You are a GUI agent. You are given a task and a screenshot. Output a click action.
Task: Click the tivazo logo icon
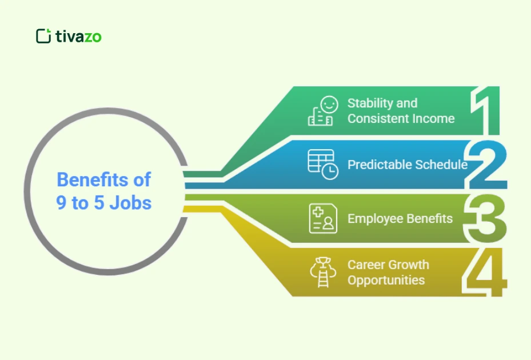click(43, 36)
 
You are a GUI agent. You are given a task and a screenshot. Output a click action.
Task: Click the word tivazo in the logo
click(78, 37)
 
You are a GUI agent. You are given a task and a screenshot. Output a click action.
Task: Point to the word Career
click(366, 265)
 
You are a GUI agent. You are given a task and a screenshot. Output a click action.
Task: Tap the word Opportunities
click(386, 281)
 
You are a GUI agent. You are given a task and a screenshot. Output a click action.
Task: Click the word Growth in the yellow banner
click(408, 265)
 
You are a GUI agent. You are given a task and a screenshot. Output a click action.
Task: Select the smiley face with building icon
click(322, 111)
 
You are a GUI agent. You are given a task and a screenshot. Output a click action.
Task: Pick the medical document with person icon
click(322, 218)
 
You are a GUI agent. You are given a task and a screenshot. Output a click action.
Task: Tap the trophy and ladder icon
click(322, 273)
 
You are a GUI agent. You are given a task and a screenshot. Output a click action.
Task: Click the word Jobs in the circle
click(131, 202)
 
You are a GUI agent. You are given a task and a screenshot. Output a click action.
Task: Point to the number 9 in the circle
click(62, 202)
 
